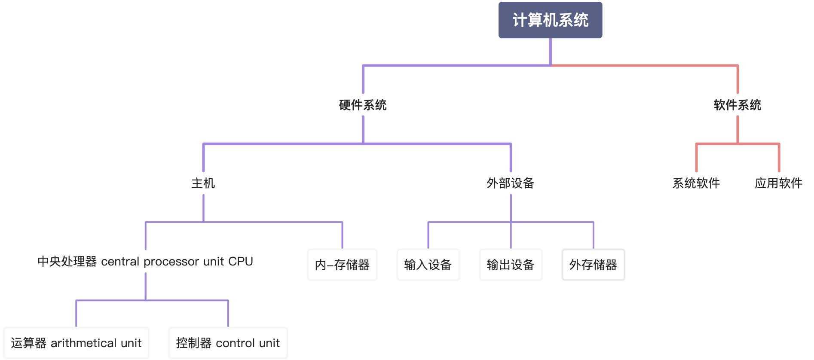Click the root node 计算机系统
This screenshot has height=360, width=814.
point(550,20)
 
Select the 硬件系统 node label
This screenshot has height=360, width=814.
point(363,105)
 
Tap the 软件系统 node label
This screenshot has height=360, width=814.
point(737,105)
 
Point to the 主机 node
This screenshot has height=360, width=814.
point(203,183)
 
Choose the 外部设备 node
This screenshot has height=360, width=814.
point(510,183)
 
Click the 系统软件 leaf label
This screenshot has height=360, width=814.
point(696,183)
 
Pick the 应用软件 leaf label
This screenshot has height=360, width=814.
point(778,183)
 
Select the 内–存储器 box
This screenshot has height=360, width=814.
point(342,265)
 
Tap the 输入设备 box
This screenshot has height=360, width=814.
point(428,265)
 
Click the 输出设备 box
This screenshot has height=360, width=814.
point(510,265)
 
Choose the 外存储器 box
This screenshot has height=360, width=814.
point(593,265)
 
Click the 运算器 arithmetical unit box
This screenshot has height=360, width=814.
point(76,343)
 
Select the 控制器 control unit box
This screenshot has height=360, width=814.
point(228,343)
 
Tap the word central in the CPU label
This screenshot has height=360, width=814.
point(120,262)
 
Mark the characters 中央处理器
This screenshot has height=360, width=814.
point(67,261)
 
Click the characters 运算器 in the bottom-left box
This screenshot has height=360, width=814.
point(28,343)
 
